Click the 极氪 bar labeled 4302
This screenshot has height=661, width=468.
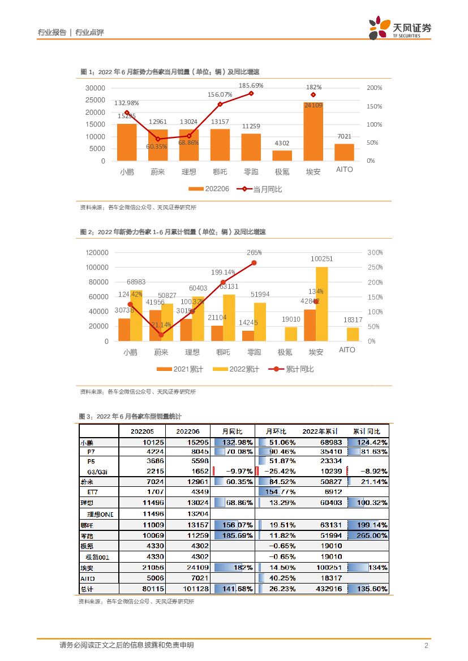pos(282,155)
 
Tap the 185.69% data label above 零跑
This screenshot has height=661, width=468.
pos(251,85)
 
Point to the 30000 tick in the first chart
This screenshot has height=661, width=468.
pos(95,88)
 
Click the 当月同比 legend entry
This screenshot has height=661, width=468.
pos(260,189)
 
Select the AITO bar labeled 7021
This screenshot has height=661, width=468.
pos(344,152)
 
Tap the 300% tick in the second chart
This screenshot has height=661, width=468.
pos(375,253)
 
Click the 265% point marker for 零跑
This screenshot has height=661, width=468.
pos(254,263)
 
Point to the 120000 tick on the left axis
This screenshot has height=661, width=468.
pos(97,253)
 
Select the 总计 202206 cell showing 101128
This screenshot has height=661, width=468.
pos(192,589)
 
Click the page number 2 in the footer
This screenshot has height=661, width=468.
pos(426,646)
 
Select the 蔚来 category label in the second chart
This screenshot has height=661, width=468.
pos(161,352)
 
